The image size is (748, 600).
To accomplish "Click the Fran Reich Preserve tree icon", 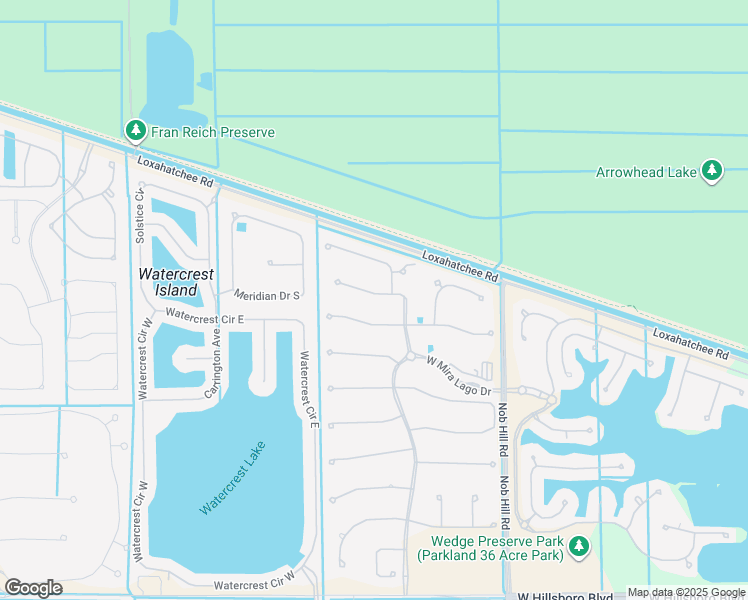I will [x=136, y=131].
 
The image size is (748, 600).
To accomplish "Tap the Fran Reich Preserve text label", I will [x=212, y=132].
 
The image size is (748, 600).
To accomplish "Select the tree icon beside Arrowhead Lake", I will [x=712, y=171].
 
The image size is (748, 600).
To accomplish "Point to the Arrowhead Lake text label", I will [x=646, y=172].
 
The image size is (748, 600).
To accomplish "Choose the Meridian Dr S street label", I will [x=267, y=296].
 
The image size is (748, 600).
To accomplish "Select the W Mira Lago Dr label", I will [x=459, y=377].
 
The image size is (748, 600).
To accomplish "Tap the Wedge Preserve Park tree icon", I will [x=578, y=546].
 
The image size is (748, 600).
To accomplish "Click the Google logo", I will [x=33, y=588].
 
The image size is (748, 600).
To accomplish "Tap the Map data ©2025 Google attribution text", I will [x=687, y=593].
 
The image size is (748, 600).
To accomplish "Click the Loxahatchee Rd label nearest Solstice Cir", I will [x=176, y=170].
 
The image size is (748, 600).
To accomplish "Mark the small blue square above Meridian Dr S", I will [x=241, y=227].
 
